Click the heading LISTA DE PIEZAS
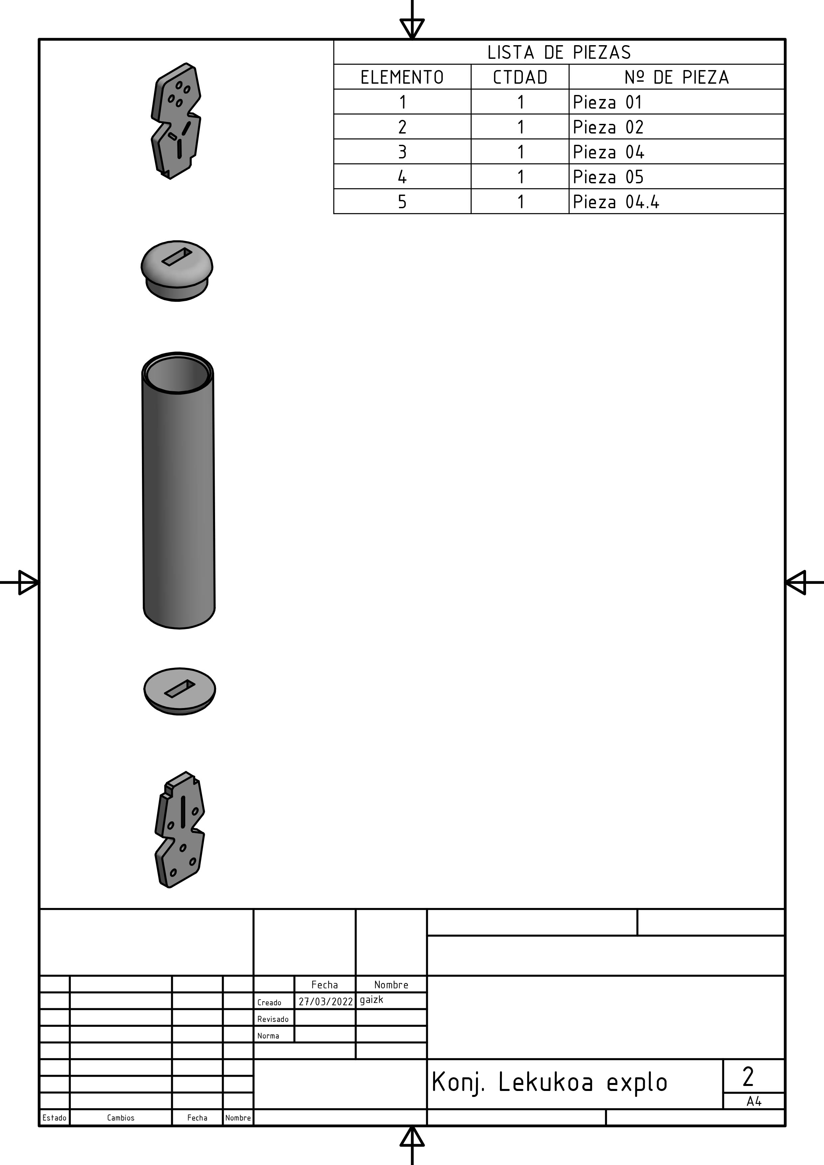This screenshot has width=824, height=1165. pyautogui.click(x=559, y=52)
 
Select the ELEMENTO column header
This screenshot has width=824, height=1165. pyautogui.click(x=402, y=77)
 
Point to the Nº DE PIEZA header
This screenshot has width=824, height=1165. pyautogui.click(x=676, y=77)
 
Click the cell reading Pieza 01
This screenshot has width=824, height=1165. pyautogui.click(x=607, y=102)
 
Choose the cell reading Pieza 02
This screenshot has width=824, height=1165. pyautogui.click(x=608, y=127)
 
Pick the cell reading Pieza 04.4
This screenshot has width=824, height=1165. pyautogui.click(x=616, y=202)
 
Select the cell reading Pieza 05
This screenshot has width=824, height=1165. pyautogui.click(x=608, y=177)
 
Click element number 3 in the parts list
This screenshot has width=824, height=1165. pyautogui.click(x=402, y=152)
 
